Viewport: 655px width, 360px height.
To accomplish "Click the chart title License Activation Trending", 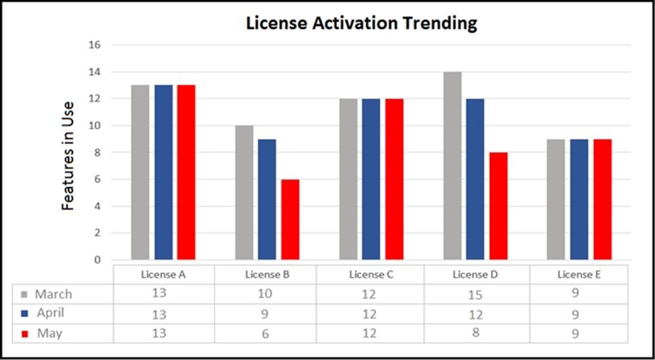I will tap(361, 23).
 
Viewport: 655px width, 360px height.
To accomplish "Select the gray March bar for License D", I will tap(453, 166).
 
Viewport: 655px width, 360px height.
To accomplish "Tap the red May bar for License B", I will tap(290, 219).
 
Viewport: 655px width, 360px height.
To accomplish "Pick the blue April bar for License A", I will tap(163, 172).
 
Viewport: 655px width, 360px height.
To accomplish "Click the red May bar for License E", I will tap(603, 199).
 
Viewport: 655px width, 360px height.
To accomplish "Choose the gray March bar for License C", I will tap(348, 179).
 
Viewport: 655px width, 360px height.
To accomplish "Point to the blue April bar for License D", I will tap(475, 179).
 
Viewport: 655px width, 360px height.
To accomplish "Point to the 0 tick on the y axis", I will tap(97, 260).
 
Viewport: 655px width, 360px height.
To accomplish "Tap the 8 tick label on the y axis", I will tap(97, 153).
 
